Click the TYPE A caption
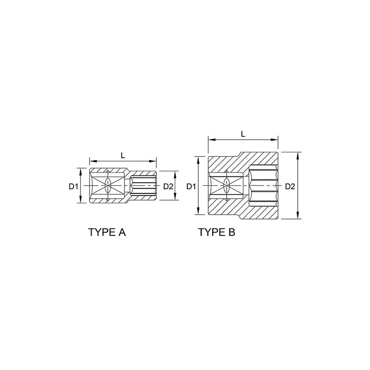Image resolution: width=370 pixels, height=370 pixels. pos(107,232)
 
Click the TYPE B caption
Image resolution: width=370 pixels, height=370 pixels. pos(216,232)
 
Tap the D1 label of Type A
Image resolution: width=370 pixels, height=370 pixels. pos(73,186)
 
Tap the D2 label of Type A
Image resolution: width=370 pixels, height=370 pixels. pos(168,186)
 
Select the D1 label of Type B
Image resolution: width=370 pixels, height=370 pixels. pos(191,186)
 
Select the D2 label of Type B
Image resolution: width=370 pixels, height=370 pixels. pos(290,186)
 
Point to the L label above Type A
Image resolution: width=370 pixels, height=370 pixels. pos(123,155)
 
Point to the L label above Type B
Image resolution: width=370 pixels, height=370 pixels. pos(243,134)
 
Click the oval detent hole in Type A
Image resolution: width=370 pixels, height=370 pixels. pos(108,185)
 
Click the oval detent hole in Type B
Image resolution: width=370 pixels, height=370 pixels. pos(227,185)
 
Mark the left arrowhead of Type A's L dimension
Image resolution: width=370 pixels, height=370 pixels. pos(93,161)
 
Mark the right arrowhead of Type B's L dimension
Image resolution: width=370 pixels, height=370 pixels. pos(274,140)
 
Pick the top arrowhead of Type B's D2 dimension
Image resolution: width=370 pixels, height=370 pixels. pos(298,156)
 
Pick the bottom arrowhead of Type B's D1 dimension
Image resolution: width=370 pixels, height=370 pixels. pos(198,211)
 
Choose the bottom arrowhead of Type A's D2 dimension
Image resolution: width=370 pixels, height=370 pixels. pos(175,196)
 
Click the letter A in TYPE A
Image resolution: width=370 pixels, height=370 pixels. pos(122,232)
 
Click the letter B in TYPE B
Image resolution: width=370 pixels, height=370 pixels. pos(232,232)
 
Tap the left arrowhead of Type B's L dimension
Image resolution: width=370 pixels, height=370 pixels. pos(212,140)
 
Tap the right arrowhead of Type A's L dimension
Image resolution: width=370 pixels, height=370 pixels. pos(153,161)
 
